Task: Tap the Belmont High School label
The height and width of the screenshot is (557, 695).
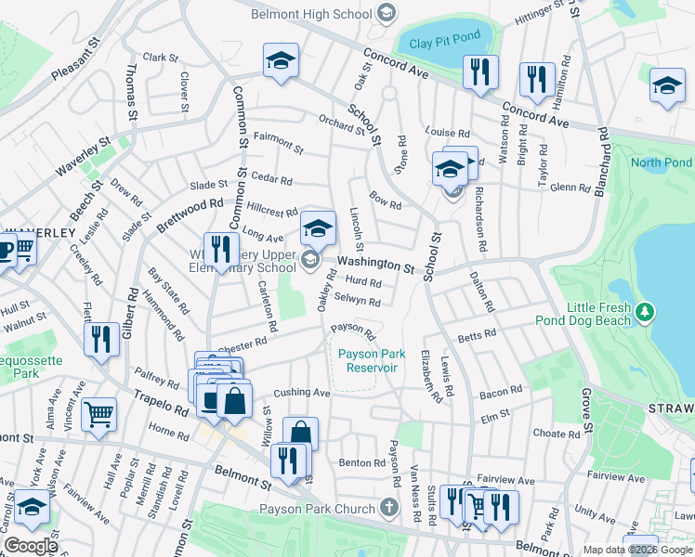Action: click(x=314, y=13)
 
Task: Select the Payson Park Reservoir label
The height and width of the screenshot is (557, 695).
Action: click(x=367, y=360)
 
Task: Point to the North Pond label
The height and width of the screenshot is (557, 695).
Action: click(x=661, y=162)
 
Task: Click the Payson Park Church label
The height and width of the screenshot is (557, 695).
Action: click(x=330, y=508)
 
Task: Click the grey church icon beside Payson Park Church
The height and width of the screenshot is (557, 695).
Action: click(x=391, y=508)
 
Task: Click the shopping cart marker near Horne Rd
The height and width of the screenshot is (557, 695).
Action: click(x=98, y=414)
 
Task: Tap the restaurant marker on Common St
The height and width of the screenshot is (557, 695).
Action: click(x=221, y=249)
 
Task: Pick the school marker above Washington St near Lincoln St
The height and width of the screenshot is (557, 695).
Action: click(x=318, y=227)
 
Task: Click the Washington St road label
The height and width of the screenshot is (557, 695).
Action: click(x=375, y=264)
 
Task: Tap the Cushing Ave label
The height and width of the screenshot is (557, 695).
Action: click(x=302, y=393)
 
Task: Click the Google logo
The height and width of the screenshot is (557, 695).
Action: click(x=31, y=546)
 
